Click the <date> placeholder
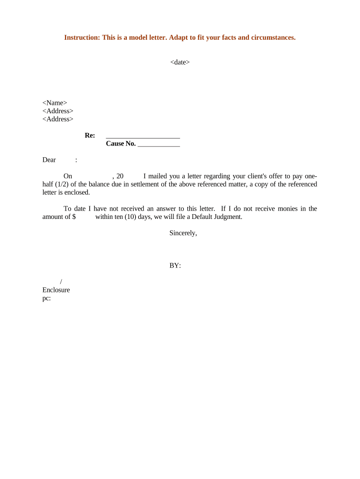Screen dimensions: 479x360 tap(180, 62)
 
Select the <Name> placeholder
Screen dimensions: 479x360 tap(55, 103)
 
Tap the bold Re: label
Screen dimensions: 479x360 tap(90, 135)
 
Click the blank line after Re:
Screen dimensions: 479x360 tap(143, 136)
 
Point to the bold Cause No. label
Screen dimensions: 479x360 tap(121, 144)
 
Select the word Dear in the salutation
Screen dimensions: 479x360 tap(49, 160)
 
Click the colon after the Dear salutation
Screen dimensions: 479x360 tap(76, 160)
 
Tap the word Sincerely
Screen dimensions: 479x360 tap(183, 233)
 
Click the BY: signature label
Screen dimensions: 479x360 tap(175, 266)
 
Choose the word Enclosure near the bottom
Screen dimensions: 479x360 tap(56, 290)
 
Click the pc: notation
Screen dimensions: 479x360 tap(46, 298)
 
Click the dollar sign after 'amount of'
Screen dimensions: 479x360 tap(74, 217)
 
